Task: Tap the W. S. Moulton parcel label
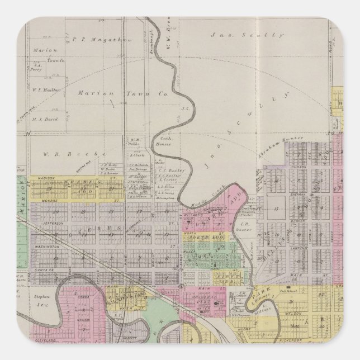[46, 89]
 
